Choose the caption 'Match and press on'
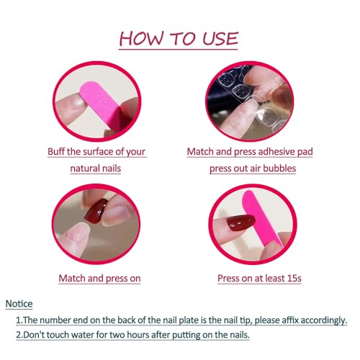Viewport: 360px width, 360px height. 100,278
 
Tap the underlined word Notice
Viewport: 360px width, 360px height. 19,304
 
